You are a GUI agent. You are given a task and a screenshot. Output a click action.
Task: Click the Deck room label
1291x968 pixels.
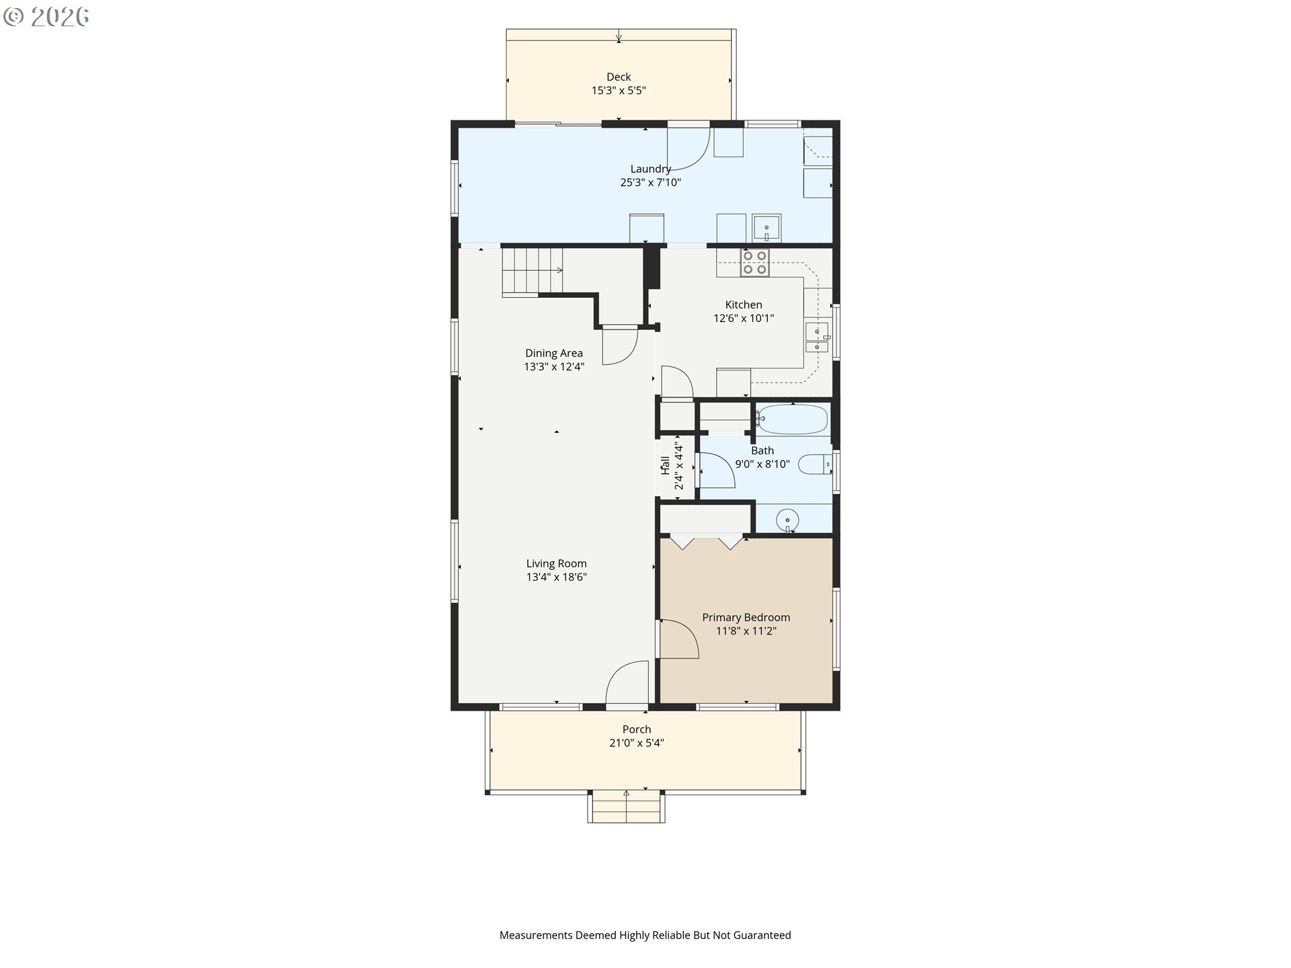(x=619, y=77)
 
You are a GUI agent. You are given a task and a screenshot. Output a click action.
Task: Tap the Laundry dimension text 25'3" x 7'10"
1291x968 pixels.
(x=650, y=182)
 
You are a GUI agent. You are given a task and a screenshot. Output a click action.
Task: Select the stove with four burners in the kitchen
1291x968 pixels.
(x=754, y=262)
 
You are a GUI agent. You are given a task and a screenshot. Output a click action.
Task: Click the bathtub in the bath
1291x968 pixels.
(x=792, y=419)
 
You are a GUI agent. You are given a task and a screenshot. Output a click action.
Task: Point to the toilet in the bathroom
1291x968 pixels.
(x=816, y=465)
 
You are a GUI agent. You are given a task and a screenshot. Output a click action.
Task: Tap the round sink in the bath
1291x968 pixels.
(x=787, y=520)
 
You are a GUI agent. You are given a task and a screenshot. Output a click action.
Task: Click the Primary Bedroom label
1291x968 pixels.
(x=746, y=617)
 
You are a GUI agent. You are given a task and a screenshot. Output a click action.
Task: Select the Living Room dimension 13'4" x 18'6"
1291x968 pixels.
(x=557, y=577)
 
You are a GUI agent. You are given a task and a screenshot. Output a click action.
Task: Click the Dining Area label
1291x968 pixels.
(x=554, y=353)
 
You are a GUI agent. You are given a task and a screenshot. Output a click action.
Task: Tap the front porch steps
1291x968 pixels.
(x=626, y=807)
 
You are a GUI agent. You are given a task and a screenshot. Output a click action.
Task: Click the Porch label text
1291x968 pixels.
(x=637, y=729)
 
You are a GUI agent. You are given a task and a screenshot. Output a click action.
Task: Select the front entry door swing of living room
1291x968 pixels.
(x=627, y=683)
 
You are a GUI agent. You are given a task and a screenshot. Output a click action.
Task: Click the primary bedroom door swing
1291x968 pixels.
(x=679, y=638)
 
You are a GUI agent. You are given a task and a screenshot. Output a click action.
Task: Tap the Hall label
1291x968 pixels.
(x=665, y=465)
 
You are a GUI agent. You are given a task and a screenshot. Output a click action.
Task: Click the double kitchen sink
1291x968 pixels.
(x=818, y=337)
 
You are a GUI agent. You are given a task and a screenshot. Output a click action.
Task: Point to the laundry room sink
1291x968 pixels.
(x=767, y=229)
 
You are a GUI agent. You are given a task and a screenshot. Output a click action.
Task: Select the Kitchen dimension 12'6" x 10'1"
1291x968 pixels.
(x=744, y=318)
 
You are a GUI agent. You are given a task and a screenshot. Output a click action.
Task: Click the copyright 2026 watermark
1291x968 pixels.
(x=46, y=17)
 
